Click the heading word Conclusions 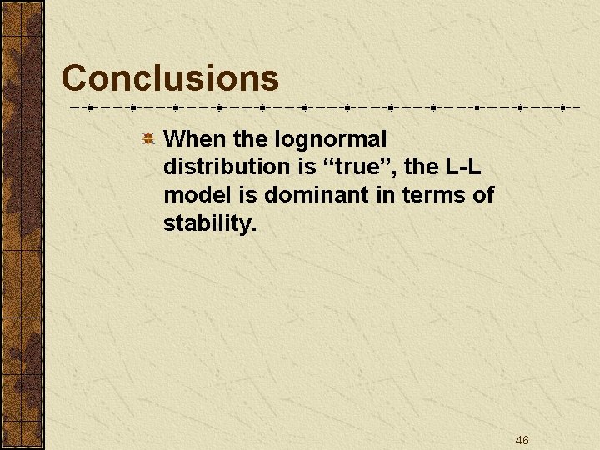click(170, 78)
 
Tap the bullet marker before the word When click(147, 138)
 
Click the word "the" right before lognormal click(252, 138)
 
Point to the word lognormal click(331, 140)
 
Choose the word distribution click(225, 167)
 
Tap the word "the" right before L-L click(422, 167)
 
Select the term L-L click(463, 167)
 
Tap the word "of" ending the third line click(482, 195)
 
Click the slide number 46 click(522, 440)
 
